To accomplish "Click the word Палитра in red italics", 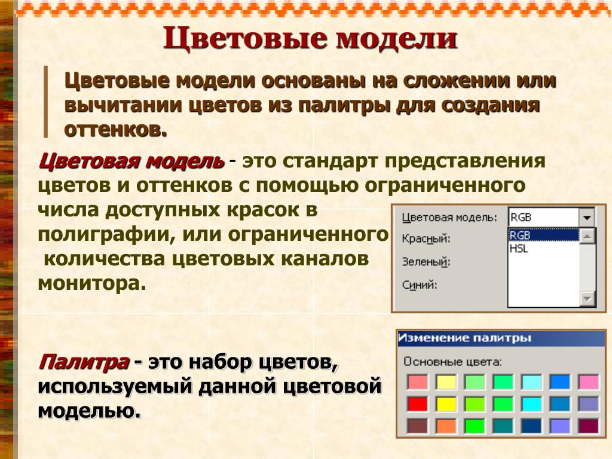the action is coord(84,362).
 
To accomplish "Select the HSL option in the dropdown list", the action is coord(519,248).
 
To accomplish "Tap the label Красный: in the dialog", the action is coord(426,238).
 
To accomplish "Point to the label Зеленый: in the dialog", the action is coord(426,262).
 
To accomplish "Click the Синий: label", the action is coord(420,284).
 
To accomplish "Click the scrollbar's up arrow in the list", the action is coord(587,236).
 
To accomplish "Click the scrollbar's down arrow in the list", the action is coord(587,299).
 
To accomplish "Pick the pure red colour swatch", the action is coord(417,404).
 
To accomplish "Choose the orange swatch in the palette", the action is coord(446,426).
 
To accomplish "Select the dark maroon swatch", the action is coord(589,426).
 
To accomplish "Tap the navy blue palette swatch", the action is coord(531,426).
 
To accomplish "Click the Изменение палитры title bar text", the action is coord(464,338).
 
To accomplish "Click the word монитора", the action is coord(92,283).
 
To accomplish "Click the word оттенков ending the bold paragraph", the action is coord(116,130).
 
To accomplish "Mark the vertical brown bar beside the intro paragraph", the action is coord(45,102).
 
